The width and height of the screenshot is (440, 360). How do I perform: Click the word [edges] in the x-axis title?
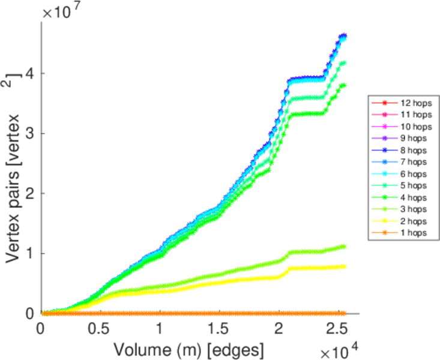click(234, 348)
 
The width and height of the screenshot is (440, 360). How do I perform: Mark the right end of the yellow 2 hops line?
click(344, 266)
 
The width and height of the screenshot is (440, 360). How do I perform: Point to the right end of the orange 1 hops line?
click(344, 313)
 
